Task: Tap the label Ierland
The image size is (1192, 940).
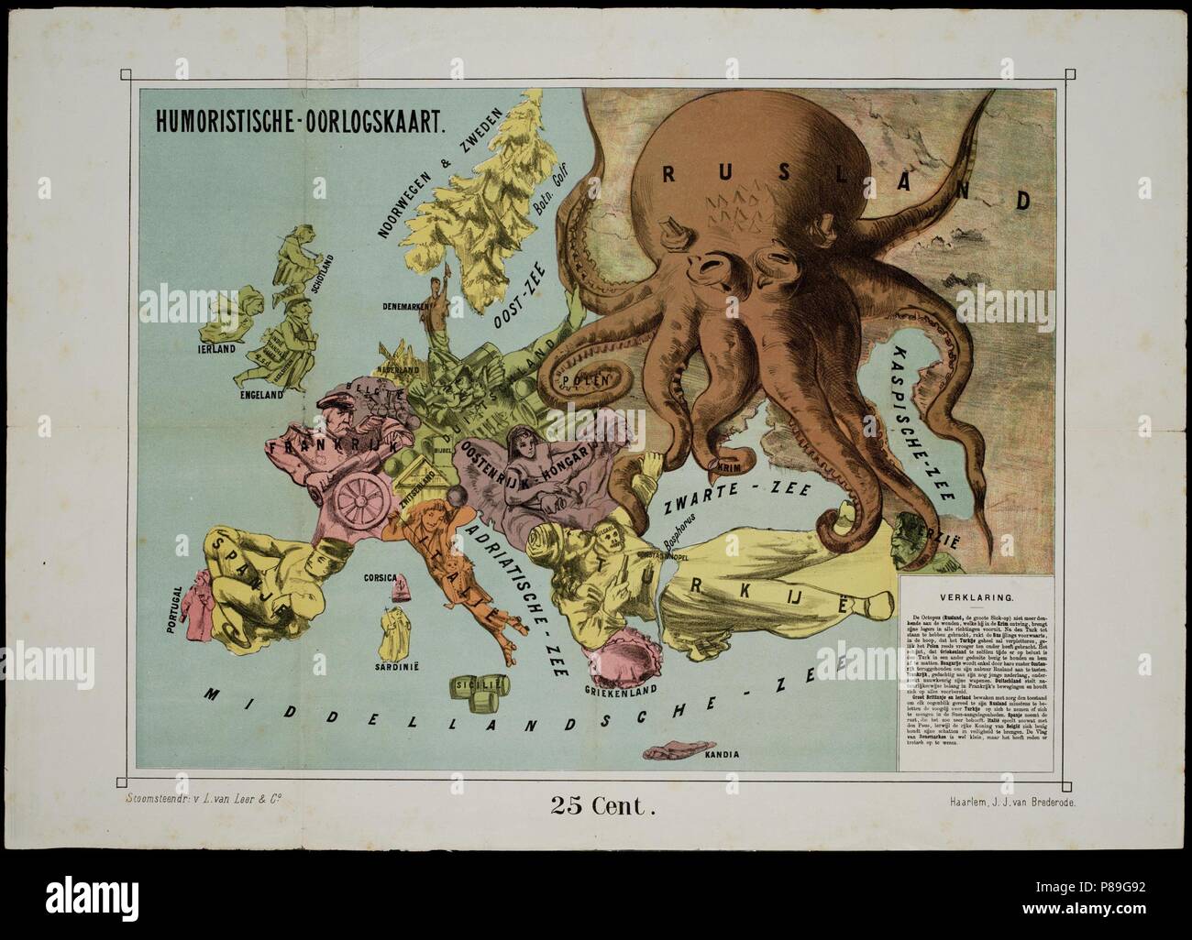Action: point(215,349)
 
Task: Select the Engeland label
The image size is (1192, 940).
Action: point(262,395)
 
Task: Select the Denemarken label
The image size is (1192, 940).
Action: point(408,308)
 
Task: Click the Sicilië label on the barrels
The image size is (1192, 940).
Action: point(513,683)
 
